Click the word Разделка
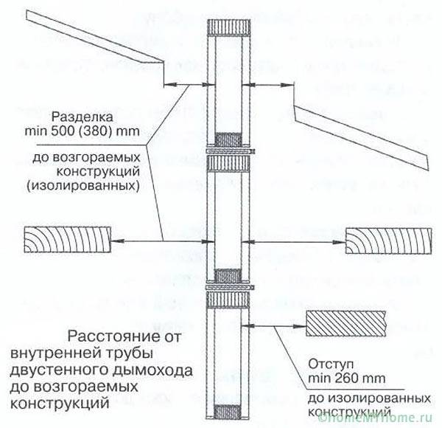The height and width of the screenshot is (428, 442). [81, 118]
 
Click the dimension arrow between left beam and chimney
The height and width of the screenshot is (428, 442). [158, 241]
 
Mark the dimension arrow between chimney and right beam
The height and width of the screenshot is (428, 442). [298, 241]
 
